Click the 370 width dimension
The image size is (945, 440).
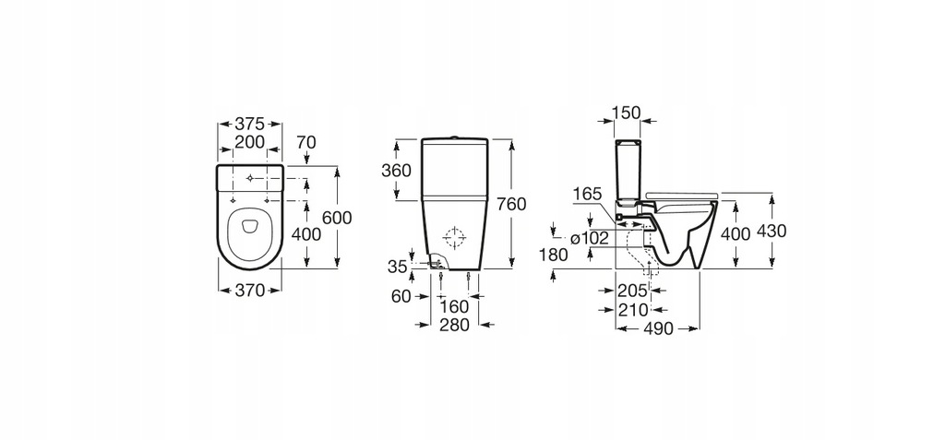tap(249, 290)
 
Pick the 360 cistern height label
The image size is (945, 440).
tap(397, 171)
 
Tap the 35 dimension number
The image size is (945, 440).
tap(397, 267)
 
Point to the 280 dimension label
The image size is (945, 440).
tap(455, 325)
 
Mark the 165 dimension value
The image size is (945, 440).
tap(587, 194)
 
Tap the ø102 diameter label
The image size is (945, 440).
tap(589, 238)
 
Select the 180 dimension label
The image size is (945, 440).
tap(554, 256)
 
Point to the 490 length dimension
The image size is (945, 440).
tap(657, 328)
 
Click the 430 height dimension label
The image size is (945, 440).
tap(772, 232)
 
